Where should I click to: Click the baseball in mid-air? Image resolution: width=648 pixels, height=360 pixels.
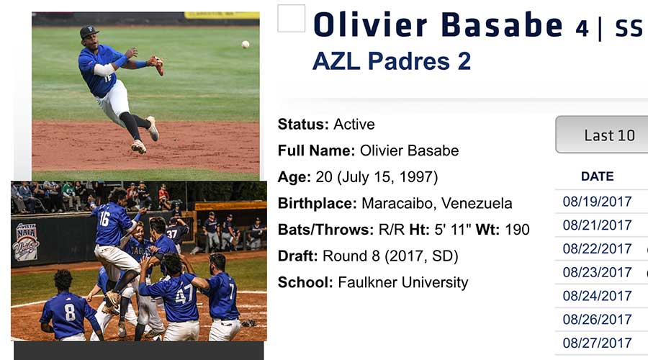pyautogui.click(x=246, y=44)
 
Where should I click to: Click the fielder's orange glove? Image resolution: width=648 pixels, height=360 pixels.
pyautogui.click(x=157, y=65)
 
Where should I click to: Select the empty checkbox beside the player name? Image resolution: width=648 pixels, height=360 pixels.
pyautogui.click(x=292, y=18)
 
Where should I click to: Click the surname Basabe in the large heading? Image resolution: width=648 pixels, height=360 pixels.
pyautogui.click(x=502, y=24)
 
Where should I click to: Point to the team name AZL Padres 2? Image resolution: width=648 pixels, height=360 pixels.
pyautogui.click(x=392, y=61)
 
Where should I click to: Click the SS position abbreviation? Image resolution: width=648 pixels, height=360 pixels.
pyautogui.click(x=629, y=29)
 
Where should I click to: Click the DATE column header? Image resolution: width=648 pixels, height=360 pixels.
pyautogui.click(x=597, y=176)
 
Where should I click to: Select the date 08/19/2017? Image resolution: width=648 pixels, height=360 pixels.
pyautogui.click(x=597, y=202)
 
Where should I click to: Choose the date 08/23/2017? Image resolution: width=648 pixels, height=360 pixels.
pyautogui.click(x=597, y=272)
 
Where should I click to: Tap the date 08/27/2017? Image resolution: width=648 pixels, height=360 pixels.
pyautogui.click(x=597, y=343)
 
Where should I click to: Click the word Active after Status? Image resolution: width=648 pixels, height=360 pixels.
pyautogui.click(x=354, y=124)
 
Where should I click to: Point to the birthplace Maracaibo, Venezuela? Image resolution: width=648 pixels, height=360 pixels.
pyautogui.click(x=437, y=203)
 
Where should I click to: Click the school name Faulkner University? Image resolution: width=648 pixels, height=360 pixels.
pyautogui.click(x=403, y=283)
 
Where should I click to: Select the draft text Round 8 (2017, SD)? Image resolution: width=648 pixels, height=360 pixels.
pyautogui.click(x=390, y=256)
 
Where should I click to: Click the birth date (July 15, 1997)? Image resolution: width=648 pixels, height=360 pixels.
pyautogui.click(x=387, y=177)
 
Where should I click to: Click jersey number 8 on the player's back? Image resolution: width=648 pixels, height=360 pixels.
pyautogui.click(x=71, y=312)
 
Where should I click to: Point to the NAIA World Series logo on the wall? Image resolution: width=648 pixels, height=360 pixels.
pyautogui.click(x=26, y=242)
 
